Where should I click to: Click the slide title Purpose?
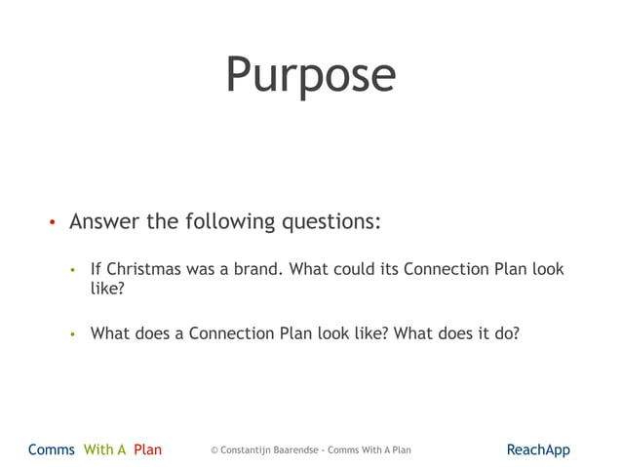coord(310,76)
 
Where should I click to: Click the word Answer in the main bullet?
coord(104,221)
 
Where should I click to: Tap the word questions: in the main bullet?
coord(330,221)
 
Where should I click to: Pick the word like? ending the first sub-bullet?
coord(107,290)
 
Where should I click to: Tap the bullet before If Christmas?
coord(72,270)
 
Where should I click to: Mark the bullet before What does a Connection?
coord(72,334)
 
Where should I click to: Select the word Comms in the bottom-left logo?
coord(52,449)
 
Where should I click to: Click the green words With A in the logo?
coord(105,449)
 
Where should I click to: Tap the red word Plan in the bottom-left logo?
coord(148,449)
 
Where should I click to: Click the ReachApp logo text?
coord(538,449)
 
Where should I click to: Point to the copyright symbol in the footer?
coord(214,450)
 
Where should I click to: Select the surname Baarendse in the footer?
coord(298,450)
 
